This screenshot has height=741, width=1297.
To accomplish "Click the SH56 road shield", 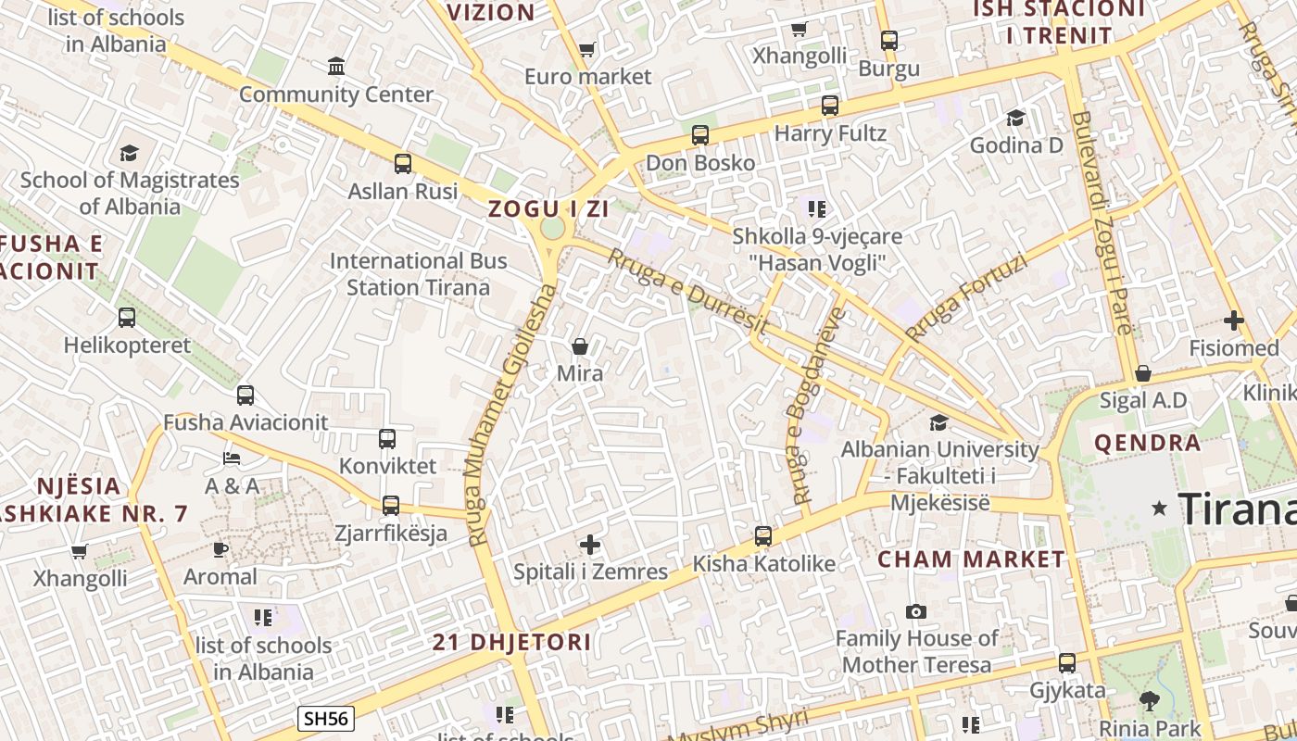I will [327, 718].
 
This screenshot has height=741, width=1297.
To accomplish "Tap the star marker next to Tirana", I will [1159, 509].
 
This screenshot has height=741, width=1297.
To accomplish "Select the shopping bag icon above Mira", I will [580, 346].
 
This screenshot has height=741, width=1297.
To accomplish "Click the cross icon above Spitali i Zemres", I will [590, 545].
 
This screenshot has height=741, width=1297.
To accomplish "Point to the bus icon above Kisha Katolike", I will [763, 536].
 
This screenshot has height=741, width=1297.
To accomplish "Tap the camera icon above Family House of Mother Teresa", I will [916, 611].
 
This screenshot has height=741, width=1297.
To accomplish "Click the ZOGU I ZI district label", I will [548, 208].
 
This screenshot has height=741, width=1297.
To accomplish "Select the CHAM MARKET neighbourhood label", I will [971, 559].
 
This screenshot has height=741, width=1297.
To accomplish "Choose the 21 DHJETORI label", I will [512, 642].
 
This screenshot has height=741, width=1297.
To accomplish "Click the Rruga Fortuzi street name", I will [967, 298].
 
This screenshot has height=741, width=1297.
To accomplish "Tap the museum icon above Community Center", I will [336, 67].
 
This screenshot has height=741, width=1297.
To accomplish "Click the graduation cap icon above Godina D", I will [1016, 118].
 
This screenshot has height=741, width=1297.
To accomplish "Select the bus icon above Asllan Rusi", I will [402, 164].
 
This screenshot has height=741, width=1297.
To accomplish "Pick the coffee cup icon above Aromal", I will [220, 549].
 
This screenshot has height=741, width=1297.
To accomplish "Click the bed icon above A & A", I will [232, 458].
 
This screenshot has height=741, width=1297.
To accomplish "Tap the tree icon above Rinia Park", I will [1150, 701].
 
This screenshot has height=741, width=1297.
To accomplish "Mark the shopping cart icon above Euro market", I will [586, 49].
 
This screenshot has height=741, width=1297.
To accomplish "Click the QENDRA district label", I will [1147, 443].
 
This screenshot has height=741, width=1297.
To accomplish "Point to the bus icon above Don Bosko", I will [700, 135].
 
